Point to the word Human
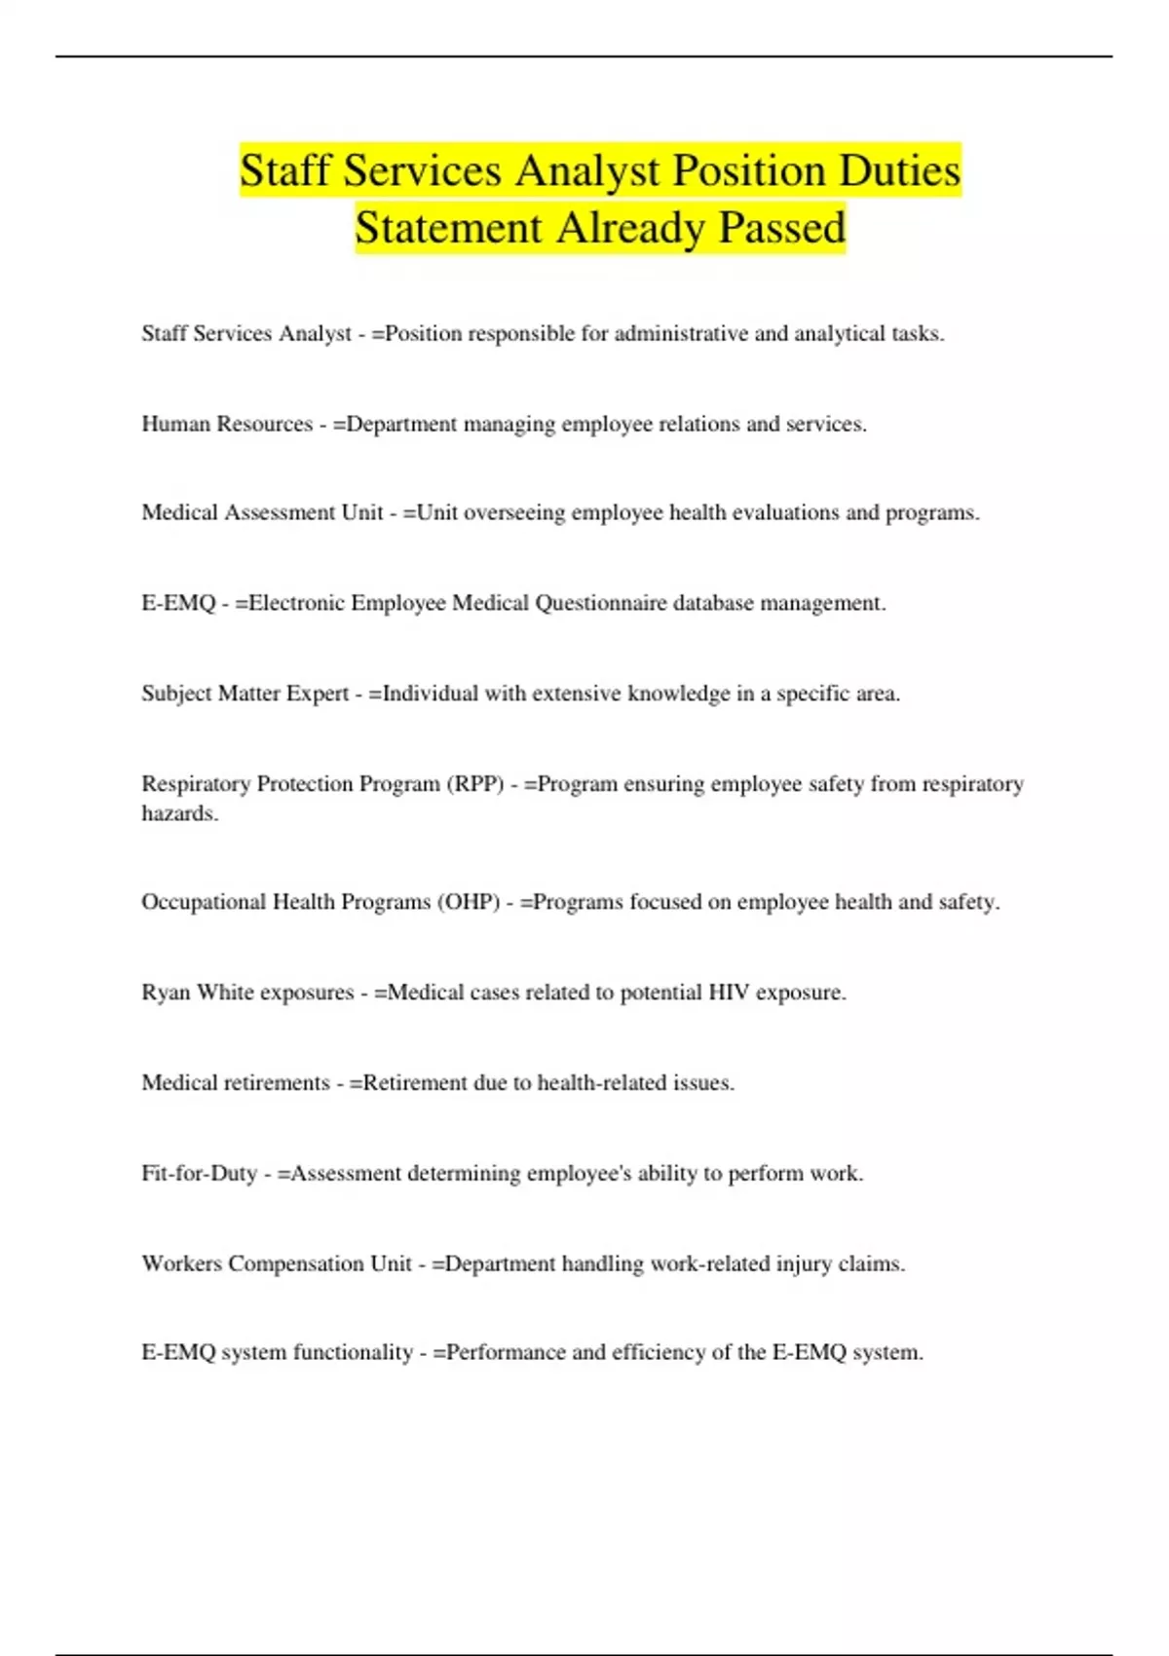175,425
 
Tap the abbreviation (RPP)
475,784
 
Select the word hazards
179,814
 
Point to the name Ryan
166,993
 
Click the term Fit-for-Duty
199,1174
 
